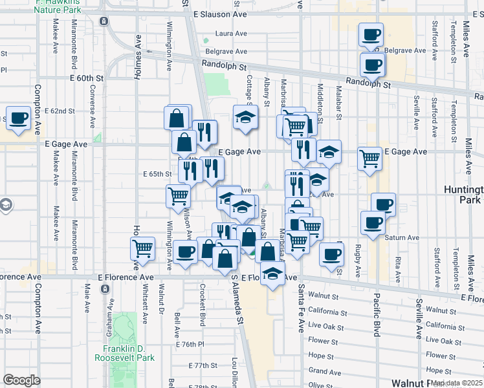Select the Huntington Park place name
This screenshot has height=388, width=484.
[x=464, y=195]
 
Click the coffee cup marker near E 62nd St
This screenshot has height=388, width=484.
[x=19, y=118]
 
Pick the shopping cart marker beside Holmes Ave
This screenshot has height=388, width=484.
[x=142, y=248]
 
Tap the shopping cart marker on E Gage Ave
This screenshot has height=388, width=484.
[x=369, y=157]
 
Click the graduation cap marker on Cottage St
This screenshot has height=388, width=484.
[x=245, y=118]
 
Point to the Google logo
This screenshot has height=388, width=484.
[x=21, y=380]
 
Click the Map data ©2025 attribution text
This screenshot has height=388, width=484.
[x=456, y=382]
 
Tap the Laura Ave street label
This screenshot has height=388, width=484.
[x=232, y=34]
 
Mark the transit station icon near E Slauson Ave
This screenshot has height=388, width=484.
[x=104, y=21]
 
